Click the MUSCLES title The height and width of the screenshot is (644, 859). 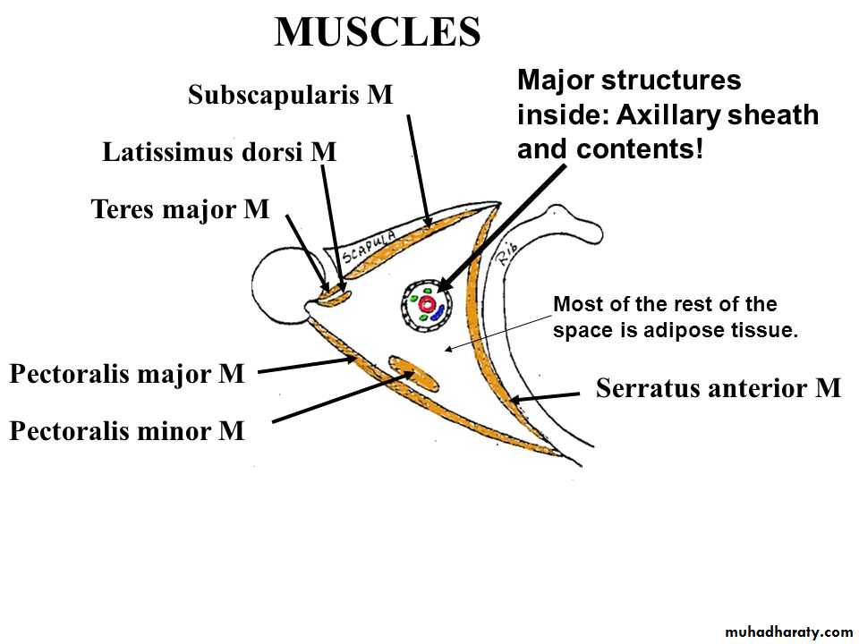377,32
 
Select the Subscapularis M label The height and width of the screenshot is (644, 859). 291,95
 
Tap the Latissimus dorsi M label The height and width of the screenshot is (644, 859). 219,152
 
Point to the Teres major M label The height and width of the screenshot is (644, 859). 180,209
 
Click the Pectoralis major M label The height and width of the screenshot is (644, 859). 126,374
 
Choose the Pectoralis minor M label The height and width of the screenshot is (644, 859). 126,432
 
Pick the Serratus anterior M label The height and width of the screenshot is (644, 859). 719,388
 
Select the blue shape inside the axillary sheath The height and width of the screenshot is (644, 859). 435,312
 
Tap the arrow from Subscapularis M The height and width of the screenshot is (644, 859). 419,170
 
